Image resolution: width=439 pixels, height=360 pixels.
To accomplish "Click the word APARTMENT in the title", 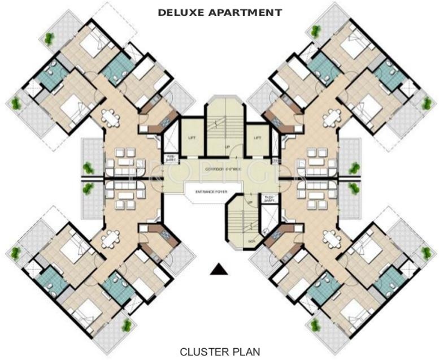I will (x=245, y=11).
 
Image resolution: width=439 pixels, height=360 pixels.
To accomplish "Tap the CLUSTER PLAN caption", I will (x=220, y=351).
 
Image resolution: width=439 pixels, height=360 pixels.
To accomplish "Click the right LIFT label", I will (x=257, y=137).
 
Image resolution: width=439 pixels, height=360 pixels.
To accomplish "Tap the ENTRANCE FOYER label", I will (x=211, y=192).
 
